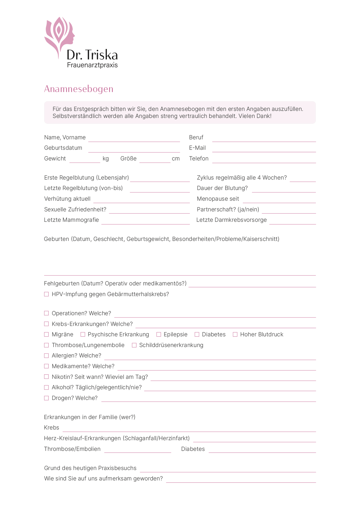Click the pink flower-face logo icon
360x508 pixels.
coord(59,35)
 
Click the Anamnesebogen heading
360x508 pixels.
coord(79,89)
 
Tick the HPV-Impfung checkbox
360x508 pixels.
coord(46,294)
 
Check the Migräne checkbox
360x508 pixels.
coord(46,334)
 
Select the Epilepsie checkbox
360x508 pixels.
coord(159,334)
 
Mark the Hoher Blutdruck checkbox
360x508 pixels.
coord(235,334)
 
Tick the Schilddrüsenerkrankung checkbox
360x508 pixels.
coord(134,345)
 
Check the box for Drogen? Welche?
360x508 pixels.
coord(46,398)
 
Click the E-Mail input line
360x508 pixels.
coord(264,149)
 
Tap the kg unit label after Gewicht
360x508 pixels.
coord(106,158)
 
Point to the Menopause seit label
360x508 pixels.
coord(218,199)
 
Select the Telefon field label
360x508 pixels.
coord(199,158)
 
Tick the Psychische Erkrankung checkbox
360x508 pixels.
coord(83,334)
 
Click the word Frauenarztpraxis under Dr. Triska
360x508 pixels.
coord(92,65)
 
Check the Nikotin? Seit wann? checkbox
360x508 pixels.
coord(46,377)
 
